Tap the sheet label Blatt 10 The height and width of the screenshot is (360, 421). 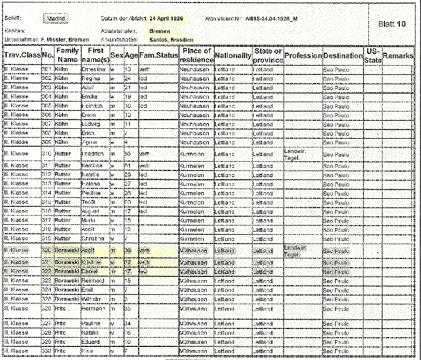tap(391, 24)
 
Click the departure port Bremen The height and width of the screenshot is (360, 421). tap(158, 30)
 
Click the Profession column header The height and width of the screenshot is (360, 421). tap(303, 56)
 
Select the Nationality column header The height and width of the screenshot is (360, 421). tap(233, 56)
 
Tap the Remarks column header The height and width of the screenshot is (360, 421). tap(398, 56)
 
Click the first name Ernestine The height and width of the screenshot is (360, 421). tap(93, 69)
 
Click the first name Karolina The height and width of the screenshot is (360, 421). tap(92, 166)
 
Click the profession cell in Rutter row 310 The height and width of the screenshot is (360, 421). tap(303, 154)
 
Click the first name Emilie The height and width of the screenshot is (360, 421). tap(91, 97)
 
